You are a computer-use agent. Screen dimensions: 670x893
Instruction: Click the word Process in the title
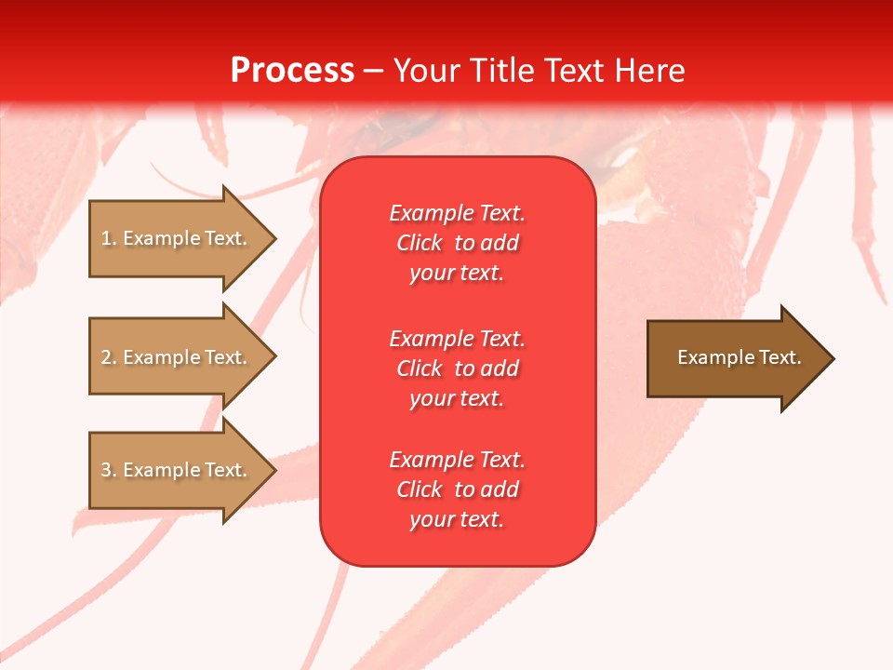(x=292, y=71)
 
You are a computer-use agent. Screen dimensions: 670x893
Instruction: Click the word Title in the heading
(x=502, y=71)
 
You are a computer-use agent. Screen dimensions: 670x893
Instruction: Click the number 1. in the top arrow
(x=108, y=239)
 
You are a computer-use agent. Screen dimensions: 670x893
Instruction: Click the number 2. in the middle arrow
(x=108, y=358)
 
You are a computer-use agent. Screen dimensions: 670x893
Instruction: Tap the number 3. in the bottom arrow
(x=108, y=471)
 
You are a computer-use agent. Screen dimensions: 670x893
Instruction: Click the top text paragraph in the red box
(x=457, y=243)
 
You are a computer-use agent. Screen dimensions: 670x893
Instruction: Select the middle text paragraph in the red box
(x=457, y=368)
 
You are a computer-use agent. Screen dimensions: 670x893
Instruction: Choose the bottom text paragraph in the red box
(x=457, y=489)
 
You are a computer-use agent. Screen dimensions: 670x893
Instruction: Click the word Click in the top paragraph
(x=420, y=243)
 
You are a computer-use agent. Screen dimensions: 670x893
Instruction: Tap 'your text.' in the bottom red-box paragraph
(x=457, y=519)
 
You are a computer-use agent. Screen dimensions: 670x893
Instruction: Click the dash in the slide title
(x=374, y=71)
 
